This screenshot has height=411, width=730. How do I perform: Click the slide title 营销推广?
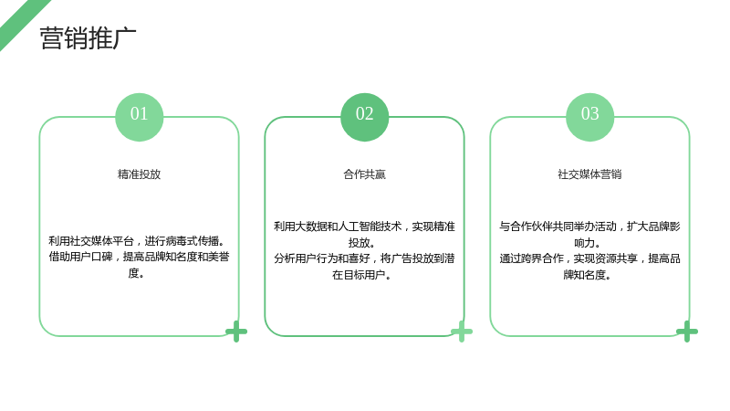(88, 37)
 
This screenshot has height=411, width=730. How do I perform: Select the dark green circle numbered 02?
(364, 117)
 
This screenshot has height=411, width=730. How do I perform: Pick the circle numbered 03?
(589, 117)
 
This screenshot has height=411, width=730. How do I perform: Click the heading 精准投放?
(140, 174)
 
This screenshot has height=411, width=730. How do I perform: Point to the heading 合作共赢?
(364, 174)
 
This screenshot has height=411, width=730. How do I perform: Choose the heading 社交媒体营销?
(589, 174)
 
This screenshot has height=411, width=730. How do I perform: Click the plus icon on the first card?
(236, 332)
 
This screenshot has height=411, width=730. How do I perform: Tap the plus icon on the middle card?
(462, 332)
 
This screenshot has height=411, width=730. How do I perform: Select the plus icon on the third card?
(687, 332)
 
